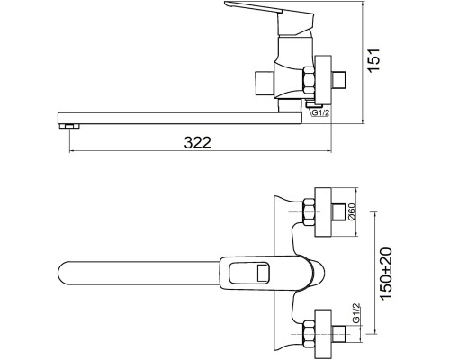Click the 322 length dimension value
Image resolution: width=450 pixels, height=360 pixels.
198,142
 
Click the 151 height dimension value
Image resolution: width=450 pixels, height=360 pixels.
374,60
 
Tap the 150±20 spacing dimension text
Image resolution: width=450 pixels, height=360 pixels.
386,273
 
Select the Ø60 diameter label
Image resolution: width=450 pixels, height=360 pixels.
352,211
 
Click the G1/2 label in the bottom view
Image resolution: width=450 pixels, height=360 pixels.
355,313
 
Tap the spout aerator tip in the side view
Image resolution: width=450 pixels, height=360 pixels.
69,126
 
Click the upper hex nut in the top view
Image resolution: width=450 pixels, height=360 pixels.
309,211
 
